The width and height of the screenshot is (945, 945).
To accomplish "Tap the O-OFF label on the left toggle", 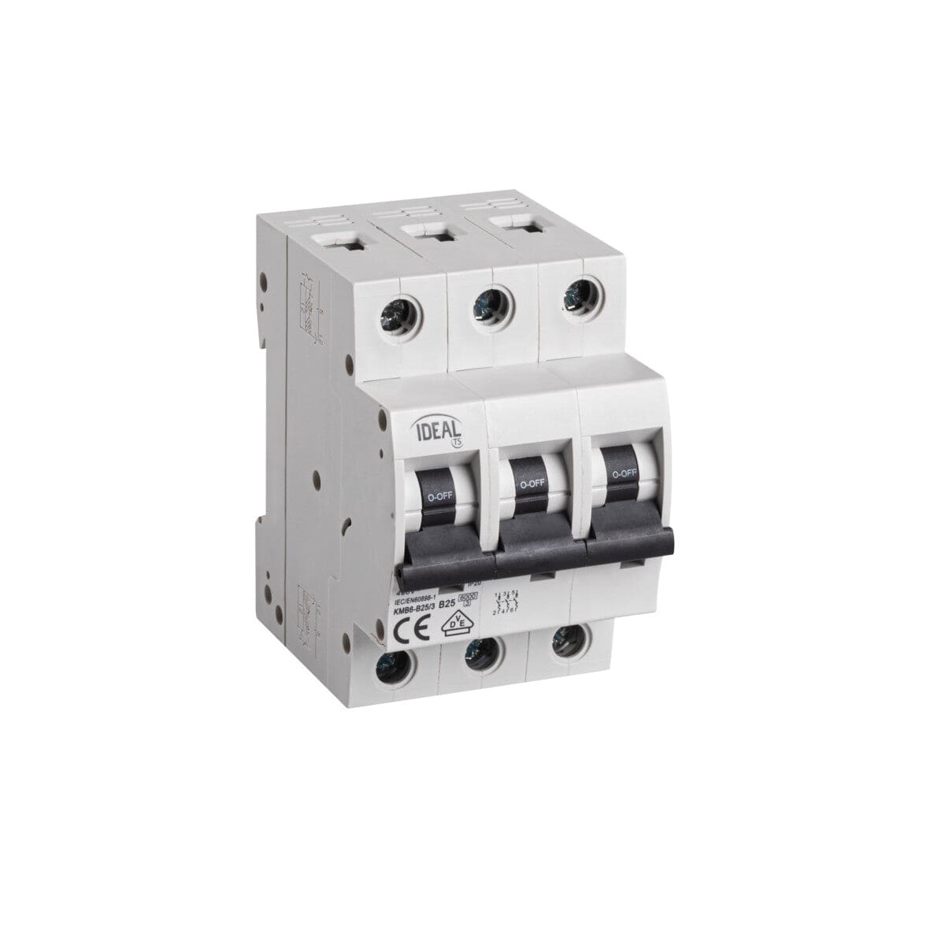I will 438,498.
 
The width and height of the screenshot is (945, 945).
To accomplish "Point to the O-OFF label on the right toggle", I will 623,473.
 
